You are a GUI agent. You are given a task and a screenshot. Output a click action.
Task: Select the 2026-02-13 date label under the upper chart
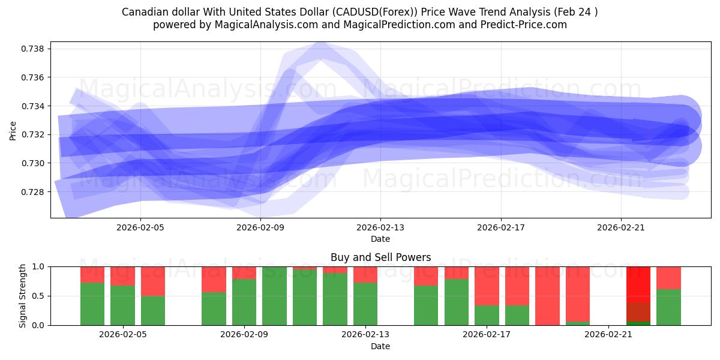(x=380, y=227)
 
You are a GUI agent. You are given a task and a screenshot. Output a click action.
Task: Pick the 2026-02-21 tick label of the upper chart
(x=620, y=227)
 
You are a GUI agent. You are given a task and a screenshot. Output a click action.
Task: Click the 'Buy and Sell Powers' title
(x=380, y=257)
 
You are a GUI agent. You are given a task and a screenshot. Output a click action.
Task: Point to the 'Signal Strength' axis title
(x=23, y=296)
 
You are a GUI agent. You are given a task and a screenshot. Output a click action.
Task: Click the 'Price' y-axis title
(x=13, y=130)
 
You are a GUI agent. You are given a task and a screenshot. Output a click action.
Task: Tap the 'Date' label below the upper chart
(x=380, y=239)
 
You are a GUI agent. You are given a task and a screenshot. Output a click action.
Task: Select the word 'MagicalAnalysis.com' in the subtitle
(x=261, y=25)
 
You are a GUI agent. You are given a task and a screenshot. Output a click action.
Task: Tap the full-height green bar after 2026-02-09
(x=274, y=296)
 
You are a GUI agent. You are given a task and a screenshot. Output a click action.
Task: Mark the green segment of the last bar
(x=668, y=307)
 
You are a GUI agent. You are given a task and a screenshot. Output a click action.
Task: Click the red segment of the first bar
(x=92, y=274)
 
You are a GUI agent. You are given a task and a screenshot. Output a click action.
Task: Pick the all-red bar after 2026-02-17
(x=547, y=296)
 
